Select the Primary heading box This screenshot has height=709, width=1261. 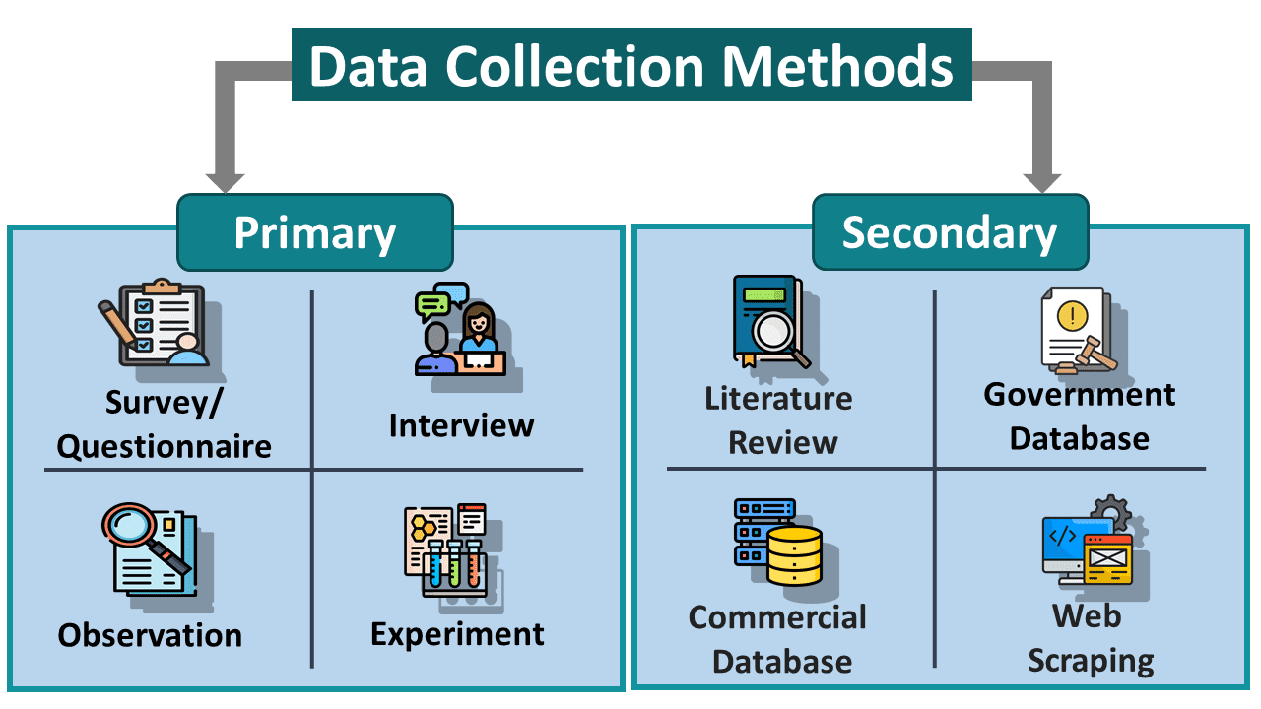(314, 232)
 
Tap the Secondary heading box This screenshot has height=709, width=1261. (950, 232)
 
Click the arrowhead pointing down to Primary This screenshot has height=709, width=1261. (225, 181)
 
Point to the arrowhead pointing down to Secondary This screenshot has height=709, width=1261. (1042, 181)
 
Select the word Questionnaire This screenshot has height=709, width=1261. (164, 446)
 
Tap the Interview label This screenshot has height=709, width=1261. (461, 425)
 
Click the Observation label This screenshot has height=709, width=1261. (150, 635)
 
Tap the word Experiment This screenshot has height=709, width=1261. (457, 633)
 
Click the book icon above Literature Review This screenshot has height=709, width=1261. (765, 320)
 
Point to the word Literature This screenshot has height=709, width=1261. (778, 399)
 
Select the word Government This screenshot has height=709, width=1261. (1079, 395)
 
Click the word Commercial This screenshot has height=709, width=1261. (777, 617)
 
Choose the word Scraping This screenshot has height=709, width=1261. (1091, 661)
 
